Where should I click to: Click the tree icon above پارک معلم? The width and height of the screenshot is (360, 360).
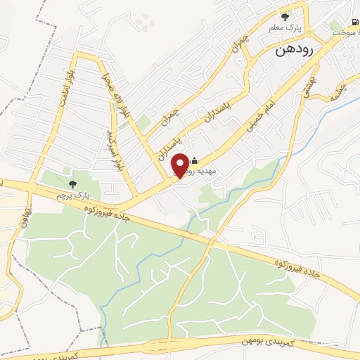tap(284, 17)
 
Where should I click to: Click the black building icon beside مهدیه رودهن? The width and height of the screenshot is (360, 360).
tap(195, 162)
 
